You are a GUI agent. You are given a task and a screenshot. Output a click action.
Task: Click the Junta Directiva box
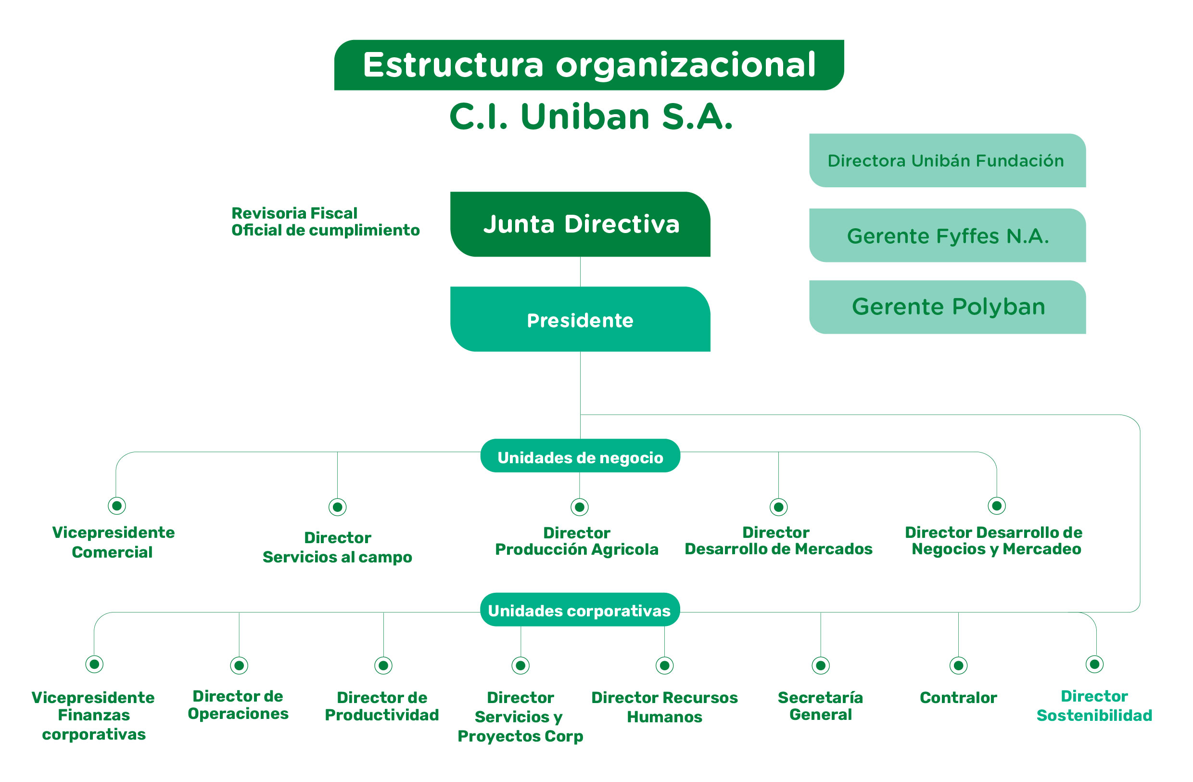pyautogui.click(x=580, y=224)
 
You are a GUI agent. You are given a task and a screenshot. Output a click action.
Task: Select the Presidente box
pyautogui.click(x=580, y=320)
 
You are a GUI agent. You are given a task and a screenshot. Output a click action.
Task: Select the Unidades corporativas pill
pyautogui.click(x=580, y=610)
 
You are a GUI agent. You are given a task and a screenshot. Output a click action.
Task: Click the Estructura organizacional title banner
pyautogui.click(x=588, y=65)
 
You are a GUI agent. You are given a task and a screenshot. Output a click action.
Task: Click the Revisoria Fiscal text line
pyautogui.click(x=294, y=213)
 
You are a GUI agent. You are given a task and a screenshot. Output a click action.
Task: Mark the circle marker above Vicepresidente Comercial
pyautogui.click(x=117, y=506)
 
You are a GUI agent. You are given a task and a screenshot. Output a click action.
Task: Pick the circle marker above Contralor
pyautogui.click(x=958, y=665)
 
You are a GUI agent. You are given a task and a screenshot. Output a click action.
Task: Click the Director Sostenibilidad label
pyautogui.click(x=1094, y=706)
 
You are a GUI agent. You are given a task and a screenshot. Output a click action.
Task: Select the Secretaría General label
pyautogui.click(x=821, y=706)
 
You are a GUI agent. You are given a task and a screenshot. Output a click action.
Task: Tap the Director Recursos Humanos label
pyautogui.click(x=664, y=707)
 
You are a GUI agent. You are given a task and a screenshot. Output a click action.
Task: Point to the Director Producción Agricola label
pyautogui.click(x=576, y=541)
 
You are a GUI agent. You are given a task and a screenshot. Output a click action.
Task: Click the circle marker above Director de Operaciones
pyautogui.click(x=239, y=665)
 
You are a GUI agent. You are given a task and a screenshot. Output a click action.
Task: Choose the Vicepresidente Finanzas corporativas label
pyautogui.click(x=93, y=715)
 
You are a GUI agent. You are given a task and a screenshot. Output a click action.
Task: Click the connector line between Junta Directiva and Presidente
pyautogui.click(x=580, y=272)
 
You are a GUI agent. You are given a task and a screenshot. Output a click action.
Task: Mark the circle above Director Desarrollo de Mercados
pyautogui.click(x=778, y=507)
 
